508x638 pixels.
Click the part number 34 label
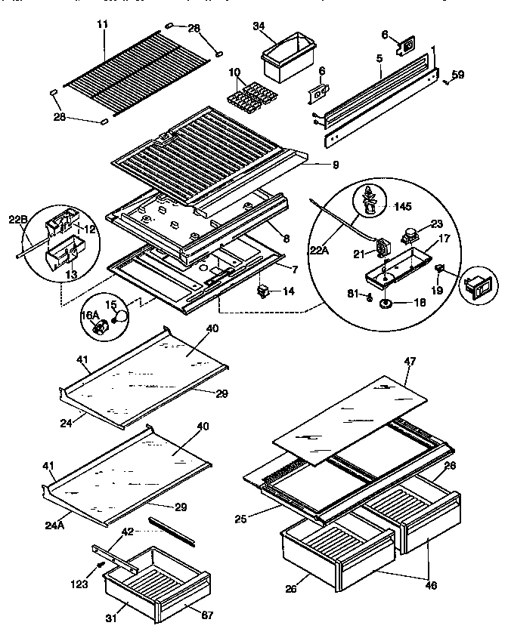(259, 27)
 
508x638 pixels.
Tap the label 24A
(54, 519)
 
